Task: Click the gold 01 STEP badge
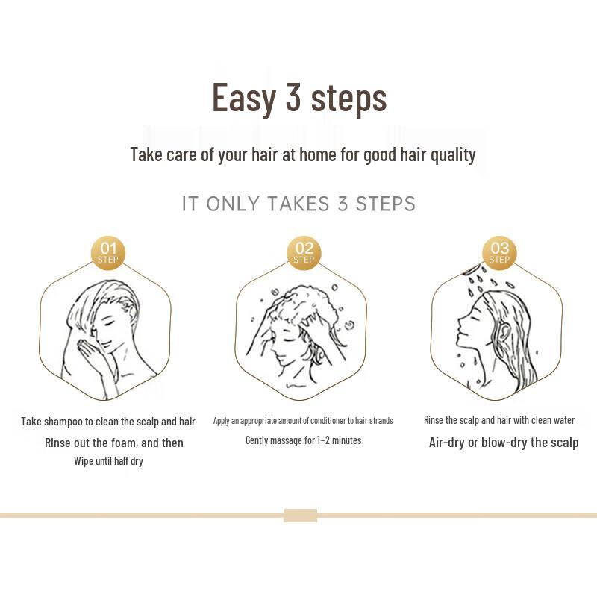point(108,253)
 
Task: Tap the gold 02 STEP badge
point(304,253)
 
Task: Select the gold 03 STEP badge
point(499,253)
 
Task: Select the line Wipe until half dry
point(108,461)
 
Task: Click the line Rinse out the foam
point(113,443)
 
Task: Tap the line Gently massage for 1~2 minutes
point(303,440)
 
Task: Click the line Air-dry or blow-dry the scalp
point(503,443)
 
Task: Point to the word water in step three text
point(563,420)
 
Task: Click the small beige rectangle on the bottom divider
point(300,516)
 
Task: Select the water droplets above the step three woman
point(485,280)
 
